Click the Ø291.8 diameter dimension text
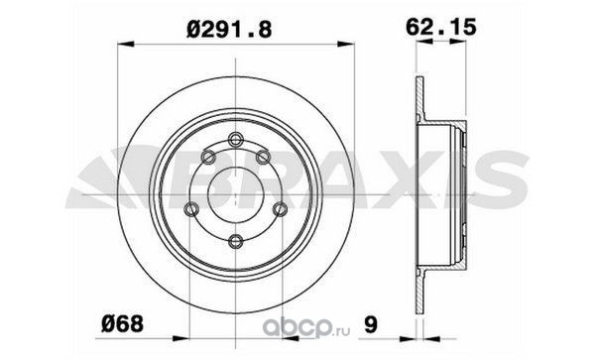229,29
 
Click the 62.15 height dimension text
440,28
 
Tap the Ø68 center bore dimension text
122,324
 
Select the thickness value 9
371,324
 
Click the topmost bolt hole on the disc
236,139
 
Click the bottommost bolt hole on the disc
236,241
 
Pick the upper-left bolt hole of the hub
208,157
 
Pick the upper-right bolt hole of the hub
263,157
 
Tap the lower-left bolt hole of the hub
190,208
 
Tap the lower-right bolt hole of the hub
281,208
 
